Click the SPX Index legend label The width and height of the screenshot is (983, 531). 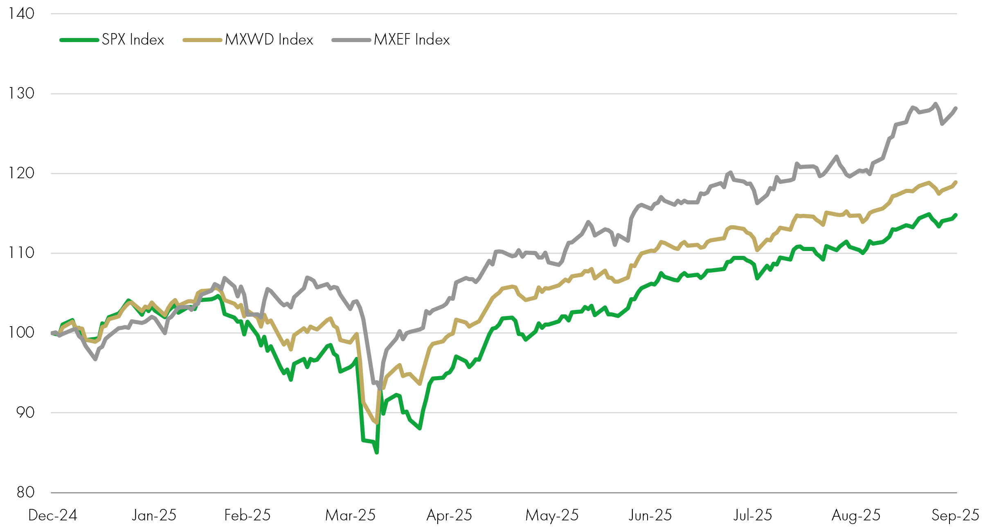pyautogui.click(x=133, y=40)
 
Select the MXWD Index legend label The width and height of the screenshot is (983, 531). pyautogui.click(x=269, y=40)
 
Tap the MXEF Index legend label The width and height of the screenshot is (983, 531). pyautogui.click(x=412, y=40)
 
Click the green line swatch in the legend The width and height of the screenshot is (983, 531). pyautogui.click(x=79, y=40)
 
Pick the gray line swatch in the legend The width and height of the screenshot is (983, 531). pyautogui.click(x=351, y=40)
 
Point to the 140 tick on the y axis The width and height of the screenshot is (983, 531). pyautogui.click(x=21, y=14)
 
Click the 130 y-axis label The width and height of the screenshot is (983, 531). pyautogui.click(x=21, y=94)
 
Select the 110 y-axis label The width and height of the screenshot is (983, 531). pyautogui.click(x=21, y=253)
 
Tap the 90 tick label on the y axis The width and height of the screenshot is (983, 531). pyautogui.click(x=25, y=412)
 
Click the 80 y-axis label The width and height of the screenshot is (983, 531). pyautogui.click(x=25, y=492)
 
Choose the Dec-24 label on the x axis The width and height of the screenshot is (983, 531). pyautogui.click(x=53, y=515)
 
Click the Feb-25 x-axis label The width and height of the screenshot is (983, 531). pyautogui.click(x=247, y=515)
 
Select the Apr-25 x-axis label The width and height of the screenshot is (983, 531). pyautogui.click(x=449, y=515)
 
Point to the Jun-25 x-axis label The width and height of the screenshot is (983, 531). pyautogui.click(x=650, y=515)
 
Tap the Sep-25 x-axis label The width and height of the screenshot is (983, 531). pyautogui.click(x=955, y=515)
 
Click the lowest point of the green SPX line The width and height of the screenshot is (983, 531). pyautogui.click(x=377, y=453)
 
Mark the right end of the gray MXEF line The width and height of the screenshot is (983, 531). pyautogui.click(x=956, y=108)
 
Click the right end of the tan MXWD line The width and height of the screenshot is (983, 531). pyautogui.click(x=956, y=182)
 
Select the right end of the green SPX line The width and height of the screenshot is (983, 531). pyautogui.click(x=956, y=215)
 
